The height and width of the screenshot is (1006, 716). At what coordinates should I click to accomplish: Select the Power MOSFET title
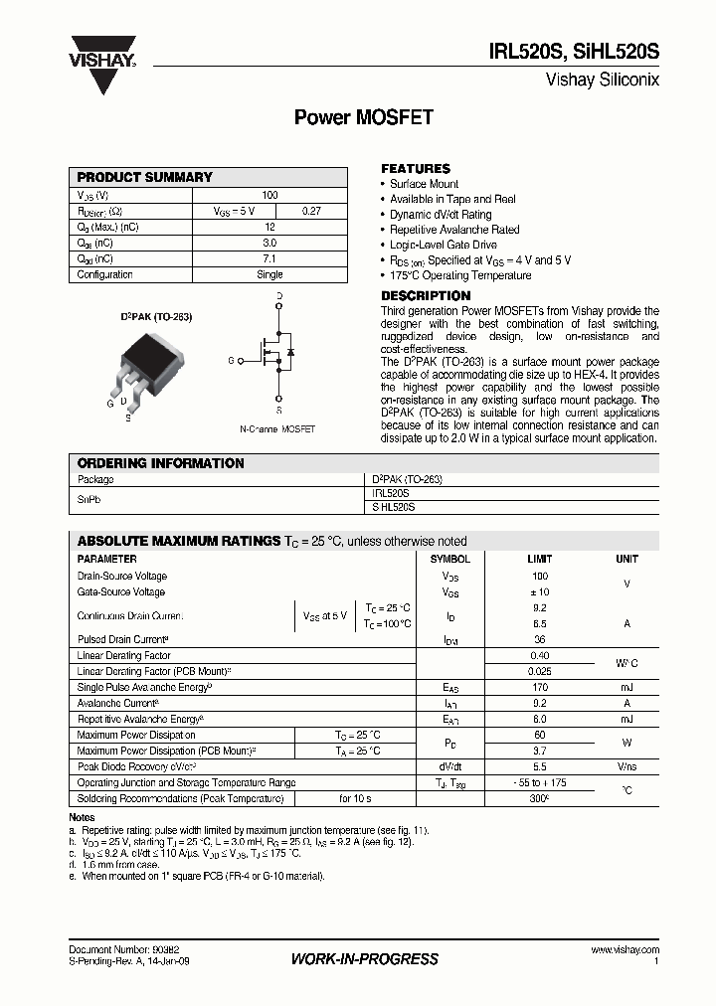point(363,118)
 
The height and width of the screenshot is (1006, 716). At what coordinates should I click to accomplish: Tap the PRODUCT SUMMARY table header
point(145,177)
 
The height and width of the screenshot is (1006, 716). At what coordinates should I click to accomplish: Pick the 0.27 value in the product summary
point(311,211)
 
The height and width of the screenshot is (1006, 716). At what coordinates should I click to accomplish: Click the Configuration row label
point(104,274)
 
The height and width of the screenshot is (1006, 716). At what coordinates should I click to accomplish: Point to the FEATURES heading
point(416,169)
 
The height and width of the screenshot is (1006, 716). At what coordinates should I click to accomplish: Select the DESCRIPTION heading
point(426,296)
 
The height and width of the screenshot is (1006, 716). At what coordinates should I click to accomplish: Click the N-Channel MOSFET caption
point(277,429)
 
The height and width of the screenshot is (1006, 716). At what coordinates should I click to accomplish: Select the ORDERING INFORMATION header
point(160,463)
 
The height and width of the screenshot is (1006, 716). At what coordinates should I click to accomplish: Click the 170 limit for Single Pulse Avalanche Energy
point(540,687)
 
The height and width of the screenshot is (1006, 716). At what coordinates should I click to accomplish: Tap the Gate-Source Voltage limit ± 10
point(540,592)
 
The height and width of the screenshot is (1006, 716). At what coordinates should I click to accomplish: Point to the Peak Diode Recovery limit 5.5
point(540,766)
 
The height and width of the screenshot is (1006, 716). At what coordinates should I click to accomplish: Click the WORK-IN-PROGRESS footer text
point(364,959)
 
